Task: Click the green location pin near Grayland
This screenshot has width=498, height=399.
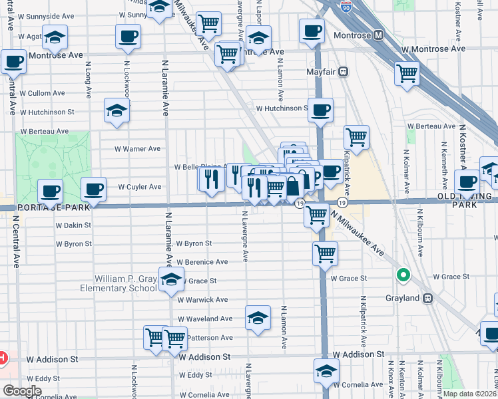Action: (x=403, y=274)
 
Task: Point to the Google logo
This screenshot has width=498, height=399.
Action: (x=21, y=390)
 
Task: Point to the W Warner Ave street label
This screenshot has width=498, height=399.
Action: (x=138, y=149)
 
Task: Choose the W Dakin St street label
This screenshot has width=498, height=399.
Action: (x=73, y=226)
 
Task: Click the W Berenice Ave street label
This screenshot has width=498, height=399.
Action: (x=203, y=262)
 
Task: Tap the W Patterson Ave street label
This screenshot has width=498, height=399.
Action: (x=207, y=338)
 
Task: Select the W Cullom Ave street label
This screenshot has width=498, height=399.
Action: (x=41, y=94)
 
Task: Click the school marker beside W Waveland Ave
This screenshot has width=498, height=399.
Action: (x=258, y=317)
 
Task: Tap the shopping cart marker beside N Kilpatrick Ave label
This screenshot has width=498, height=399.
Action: (x=356, y=137)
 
